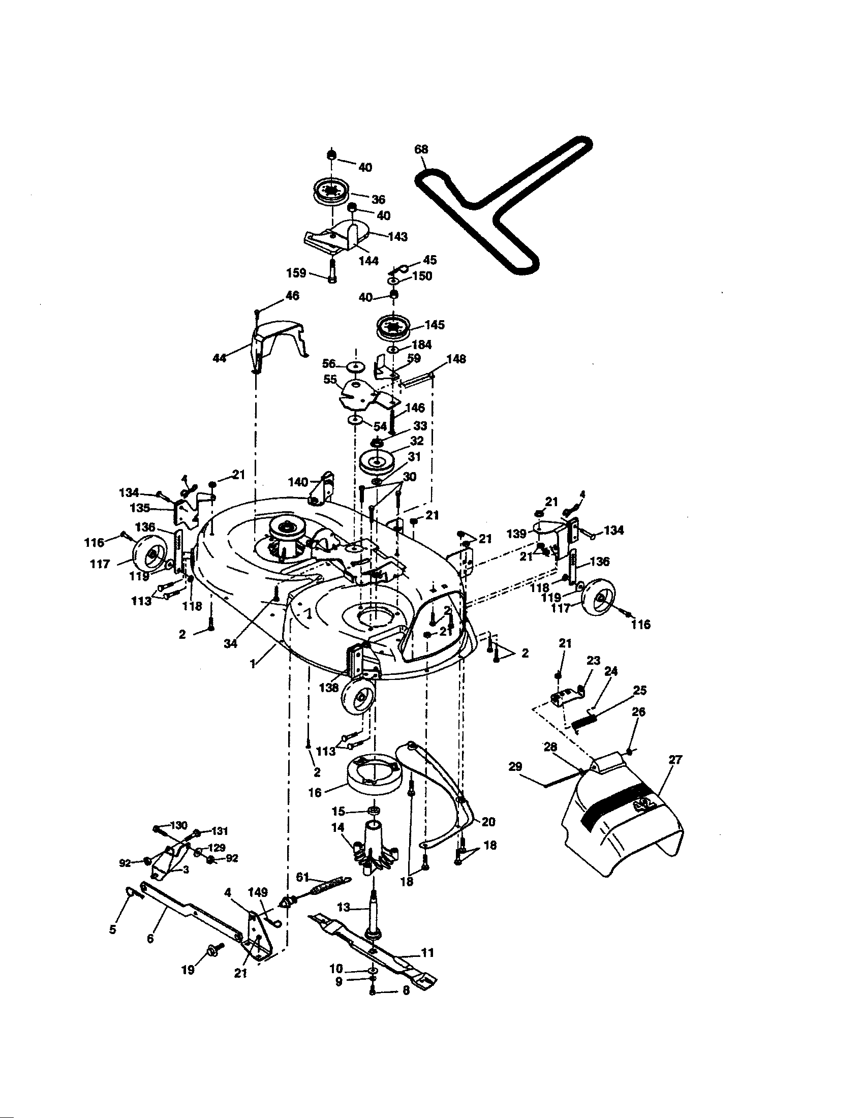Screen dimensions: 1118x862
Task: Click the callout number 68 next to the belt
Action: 421,149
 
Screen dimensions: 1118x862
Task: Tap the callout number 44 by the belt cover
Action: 219,358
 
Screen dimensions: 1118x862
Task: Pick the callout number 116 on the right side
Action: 640,624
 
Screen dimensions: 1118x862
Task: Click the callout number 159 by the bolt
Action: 296,273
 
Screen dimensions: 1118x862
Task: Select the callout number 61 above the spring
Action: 303,878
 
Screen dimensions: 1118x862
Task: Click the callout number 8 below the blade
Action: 406,1005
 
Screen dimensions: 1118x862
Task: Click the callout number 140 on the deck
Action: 298,482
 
